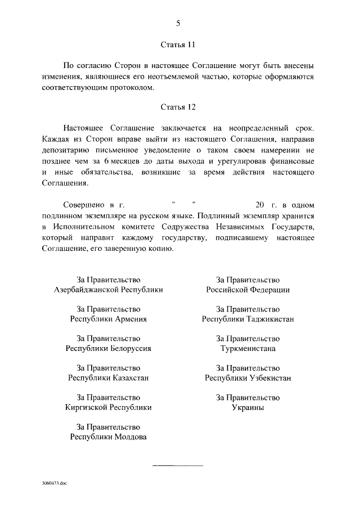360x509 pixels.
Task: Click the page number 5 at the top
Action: coord(178,23)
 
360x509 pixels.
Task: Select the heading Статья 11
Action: coord(178,43)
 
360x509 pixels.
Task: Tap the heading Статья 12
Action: coord(178,106)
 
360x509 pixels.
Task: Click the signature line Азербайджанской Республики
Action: coord(109,290)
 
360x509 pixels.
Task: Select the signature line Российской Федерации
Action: coord(248,290)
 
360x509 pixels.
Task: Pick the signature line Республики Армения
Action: coord(109,319)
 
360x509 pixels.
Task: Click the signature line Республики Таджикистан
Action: coord(248,319)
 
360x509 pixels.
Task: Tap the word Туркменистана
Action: coord(248,348)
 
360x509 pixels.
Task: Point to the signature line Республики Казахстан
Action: coord(109,378)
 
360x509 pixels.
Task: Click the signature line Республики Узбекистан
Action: coord(248,378)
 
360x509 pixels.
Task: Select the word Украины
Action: coord(248,407)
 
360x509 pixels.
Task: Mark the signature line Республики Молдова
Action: coord(109,437)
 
